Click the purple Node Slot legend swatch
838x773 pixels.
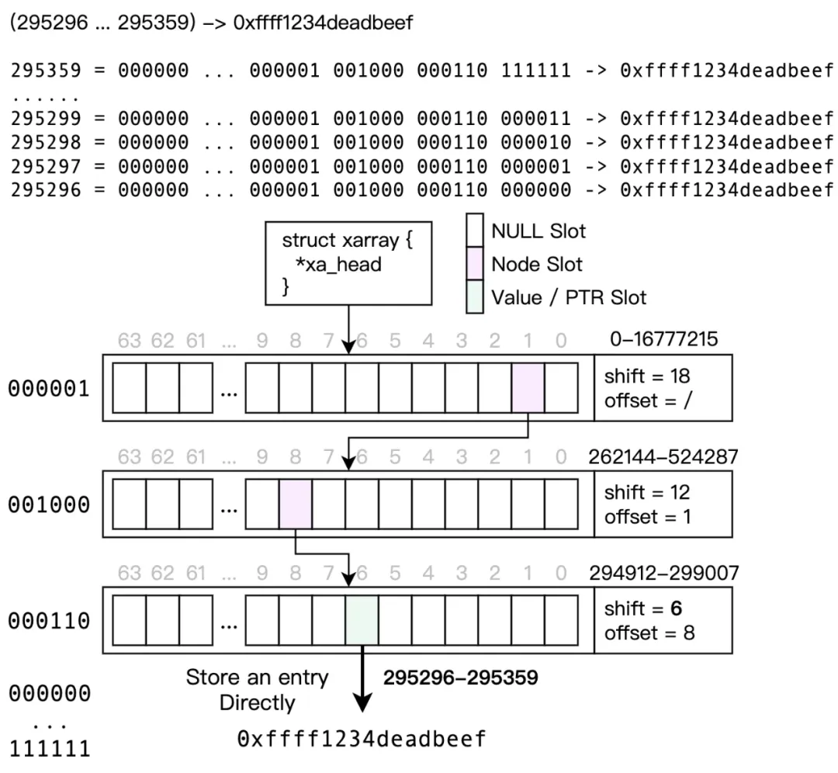[475, 264]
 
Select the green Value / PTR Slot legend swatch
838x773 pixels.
[475, 297]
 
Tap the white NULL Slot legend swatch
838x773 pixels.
[475, 231]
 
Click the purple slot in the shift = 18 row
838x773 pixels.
[528, 387]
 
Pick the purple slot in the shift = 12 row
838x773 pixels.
[295, 504]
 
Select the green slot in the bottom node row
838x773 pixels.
[362, 620]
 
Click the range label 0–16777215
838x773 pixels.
[664, 339]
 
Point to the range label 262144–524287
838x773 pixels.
[663, 456]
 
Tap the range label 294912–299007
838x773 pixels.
[663, 573]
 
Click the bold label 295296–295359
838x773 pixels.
[460, 678]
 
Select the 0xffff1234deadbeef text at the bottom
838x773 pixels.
[362, 739]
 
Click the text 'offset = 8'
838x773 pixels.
[649, 633]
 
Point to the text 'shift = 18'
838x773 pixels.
[647, 376]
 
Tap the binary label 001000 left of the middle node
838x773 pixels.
[49, 505]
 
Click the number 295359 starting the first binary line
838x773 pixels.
[45, 71]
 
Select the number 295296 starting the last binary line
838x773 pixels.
[45, 189]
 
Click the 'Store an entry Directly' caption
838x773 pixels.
[257, 690]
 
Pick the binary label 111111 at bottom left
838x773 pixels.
[49, 749]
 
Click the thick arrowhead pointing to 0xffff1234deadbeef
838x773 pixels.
[362, 703]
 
